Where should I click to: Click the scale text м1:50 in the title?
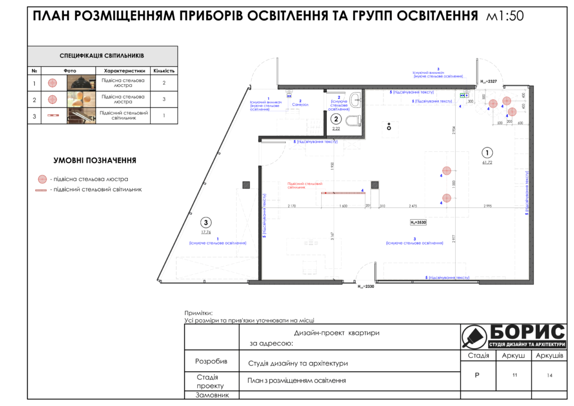point(506,16)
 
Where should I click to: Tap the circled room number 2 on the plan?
point(336,119)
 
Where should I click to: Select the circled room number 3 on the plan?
point(207,222)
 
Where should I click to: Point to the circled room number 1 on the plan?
point(487,153)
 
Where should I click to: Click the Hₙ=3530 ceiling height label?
point(418,223)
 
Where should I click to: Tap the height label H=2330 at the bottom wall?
point(365,286)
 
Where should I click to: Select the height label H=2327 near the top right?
point(489,82)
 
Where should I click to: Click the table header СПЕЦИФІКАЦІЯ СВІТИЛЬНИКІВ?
point(102,56)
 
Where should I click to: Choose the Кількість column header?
point(164,71)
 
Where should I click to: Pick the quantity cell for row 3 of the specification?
point(164,116)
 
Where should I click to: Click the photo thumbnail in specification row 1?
point(81,83)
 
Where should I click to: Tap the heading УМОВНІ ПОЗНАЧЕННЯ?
point(95,160)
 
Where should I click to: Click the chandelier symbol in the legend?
point(41,179)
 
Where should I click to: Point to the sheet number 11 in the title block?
point(515,375)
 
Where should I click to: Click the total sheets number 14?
point(550,375)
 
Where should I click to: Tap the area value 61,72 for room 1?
point(487,163)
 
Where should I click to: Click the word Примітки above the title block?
point(198,313)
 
